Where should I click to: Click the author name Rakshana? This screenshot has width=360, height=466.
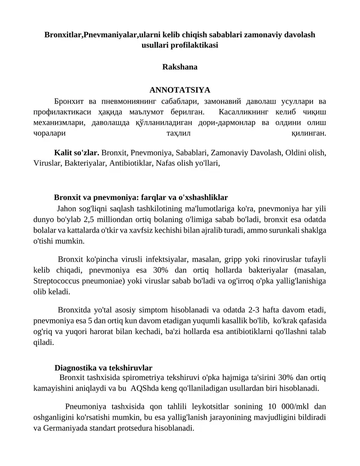[x=180, y=67]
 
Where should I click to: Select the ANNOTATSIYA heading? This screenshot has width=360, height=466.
[x=180, y=90]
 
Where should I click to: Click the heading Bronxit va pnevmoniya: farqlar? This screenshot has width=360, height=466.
[x=140, y=197]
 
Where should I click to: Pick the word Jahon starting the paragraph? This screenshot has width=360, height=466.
[x=67, y=209]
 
